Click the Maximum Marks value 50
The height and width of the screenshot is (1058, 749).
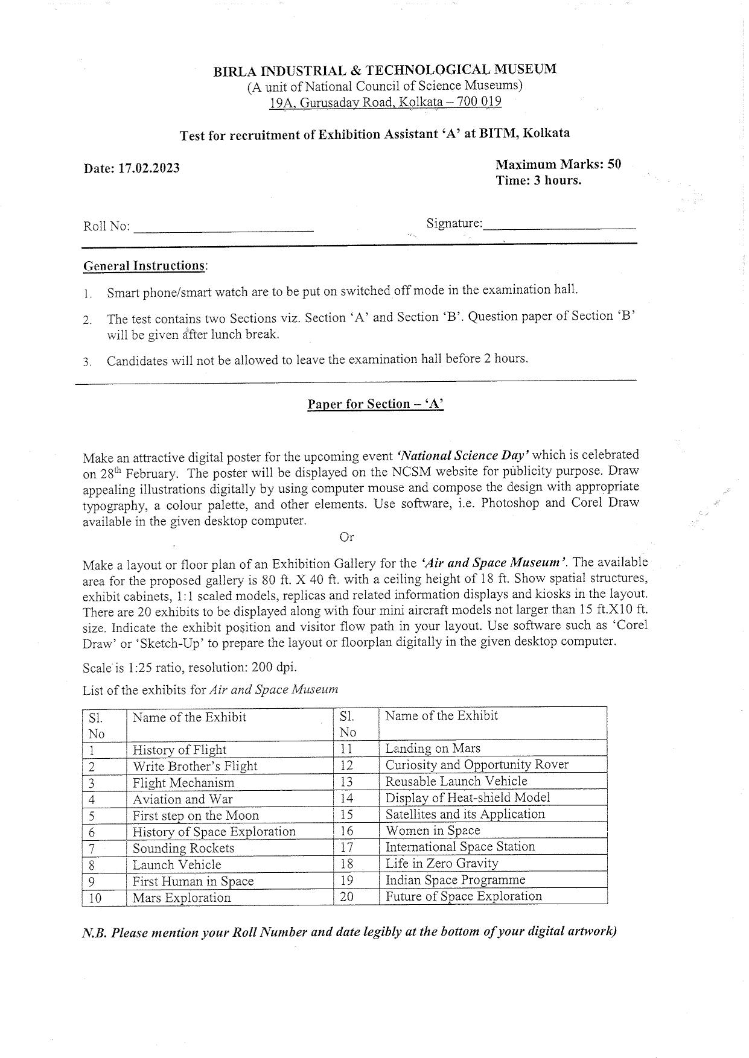(614, 164)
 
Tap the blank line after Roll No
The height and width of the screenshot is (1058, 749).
(223, 228)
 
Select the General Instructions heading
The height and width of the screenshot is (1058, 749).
(144, 266)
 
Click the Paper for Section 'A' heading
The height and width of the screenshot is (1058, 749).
(375, 404)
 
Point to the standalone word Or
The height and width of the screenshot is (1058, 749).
(346, 537)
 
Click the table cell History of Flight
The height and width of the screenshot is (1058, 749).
(179, 750)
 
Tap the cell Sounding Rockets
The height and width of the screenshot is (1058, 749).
(183, 848)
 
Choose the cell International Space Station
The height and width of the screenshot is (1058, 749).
(460, 847)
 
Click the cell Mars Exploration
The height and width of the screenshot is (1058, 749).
(182, 898)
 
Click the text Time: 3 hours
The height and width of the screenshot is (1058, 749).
(538, 180)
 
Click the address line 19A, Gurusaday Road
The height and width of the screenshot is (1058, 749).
(385, 102)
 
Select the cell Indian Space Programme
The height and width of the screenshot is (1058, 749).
(455, 880)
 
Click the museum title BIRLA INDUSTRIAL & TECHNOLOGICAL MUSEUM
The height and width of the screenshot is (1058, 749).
(384, 70)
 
